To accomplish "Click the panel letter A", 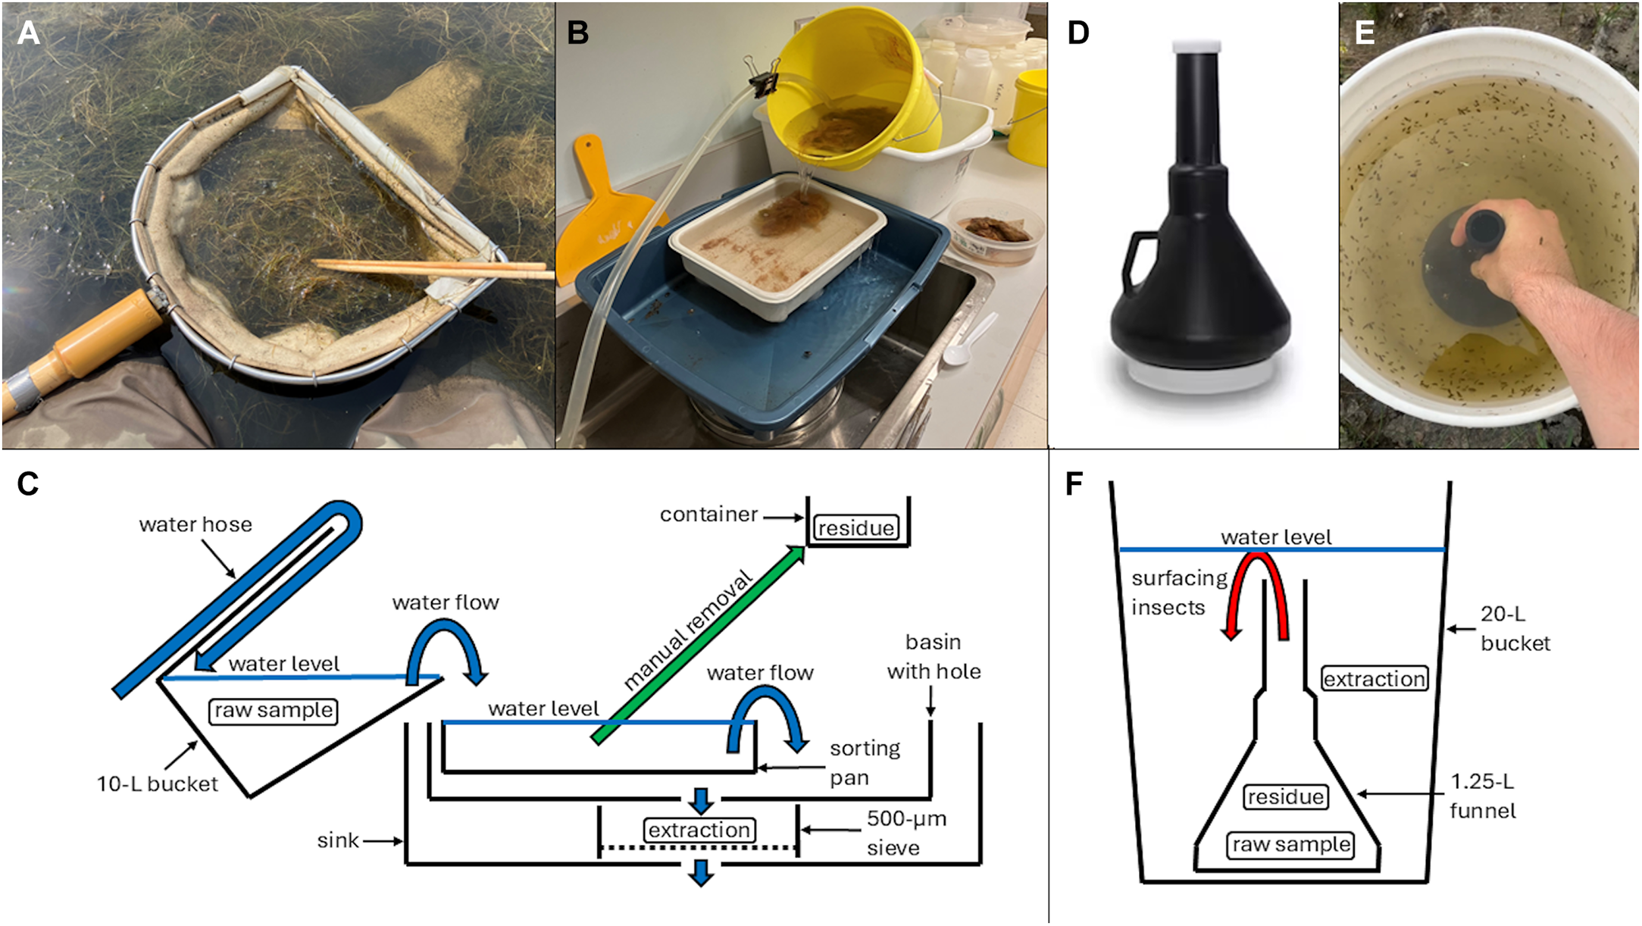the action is coord(28,33).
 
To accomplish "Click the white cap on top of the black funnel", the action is coord(1196,46).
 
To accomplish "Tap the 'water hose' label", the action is coord(195,524).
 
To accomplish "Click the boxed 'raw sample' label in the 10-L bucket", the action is coord(273,711).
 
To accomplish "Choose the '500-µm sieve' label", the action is coord(906,833).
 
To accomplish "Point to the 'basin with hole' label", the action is coord(934,656).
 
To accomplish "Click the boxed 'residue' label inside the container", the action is coord(856,527).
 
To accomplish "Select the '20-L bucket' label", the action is coord(1515,628).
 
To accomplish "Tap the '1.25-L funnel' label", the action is coord(1482,796).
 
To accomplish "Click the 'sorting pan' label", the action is coord(865,762).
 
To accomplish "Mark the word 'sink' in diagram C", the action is coord(338,840).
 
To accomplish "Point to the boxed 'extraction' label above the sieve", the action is coord(699,830).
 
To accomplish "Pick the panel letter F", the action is coord(1074,483).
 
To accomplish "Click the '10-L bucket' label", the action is coord(157,784).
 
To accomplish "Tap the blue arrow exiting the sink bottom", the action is coord(701,872).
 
